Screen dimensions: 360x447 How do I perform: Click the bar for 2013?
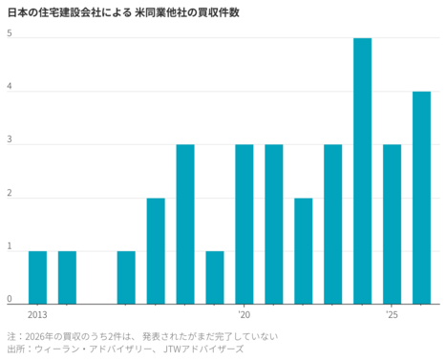point(37,277)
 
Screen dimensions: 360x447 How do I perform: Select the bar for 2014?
point(67,277)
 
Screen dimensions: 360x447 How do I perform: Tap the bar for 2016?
point(126,277)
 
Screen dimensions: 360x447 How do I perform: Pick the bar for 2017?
point(156,250)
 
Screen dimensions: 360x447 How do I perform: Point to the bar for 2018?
point(185,223)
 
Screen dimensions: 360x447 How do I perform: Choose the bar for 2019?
point(215,277)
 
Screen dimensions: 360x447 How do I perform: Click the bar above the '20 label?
point(245,223)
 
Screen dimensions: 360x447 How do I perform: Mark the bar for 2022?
point(304,250)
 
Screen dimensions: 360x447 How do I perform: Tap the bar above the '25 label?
point(393,223)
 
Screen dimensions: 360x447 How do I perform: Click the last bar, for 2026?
point(422,197)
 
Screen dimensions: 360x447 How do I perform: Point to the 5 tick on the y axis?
point(10,34)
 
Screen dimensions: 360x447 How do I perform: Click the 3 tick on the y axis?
point(10,140)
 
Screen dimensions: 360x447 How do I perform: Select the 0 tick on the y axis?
point(10,299)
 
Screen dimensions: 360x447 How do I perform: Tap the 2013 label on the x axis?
point(37,314)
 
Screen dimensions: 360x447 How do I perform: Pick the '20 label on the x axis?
point(244,314)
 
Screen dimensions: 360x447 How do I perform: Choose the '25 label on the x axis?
point(392,314)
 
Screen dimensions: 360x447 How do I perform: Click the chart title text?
point(123,11)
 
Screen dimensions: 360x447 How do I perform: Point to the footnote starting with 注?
point(143,336)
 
